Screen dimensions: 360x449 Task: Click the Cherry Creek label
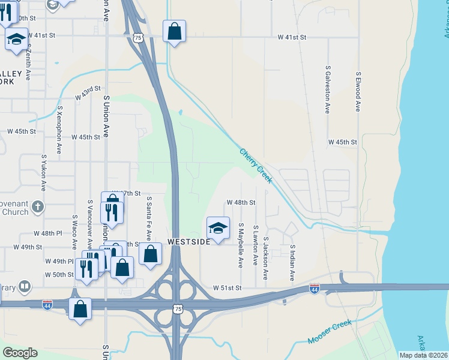[x=256, y=163]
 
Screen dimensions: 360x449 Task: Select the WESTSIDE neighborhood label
[x=189, y=241]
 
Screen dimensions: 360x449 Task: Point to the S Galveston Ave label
[x=328, y=90]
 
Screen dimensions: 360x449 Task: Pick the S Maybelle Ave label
[x=240, y=245]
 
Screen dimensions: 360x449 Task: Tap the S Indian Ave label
[x=292, y=263]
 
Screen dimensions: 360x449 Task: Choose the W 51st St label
[x=227, y=288]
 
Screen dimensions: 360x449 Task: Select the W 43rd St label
[x=87, y=94]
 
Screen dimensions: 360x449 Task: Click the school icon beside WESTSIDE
[x=218, y=227]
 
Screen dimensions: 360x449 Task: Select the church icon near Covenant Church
[x=37, y=206]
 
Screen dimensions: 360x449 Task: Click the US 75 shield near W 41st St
[x=139, y=38]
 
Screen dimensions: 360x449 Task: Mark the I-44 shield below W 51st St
[x=314, y=289]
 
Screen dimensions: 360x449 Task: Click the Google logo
[x=20, y=353]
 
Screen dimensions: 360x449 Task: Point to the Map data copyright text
[x=423, y=355]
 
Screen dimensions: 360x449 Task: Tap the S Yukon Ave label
[x=43, y=170]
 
